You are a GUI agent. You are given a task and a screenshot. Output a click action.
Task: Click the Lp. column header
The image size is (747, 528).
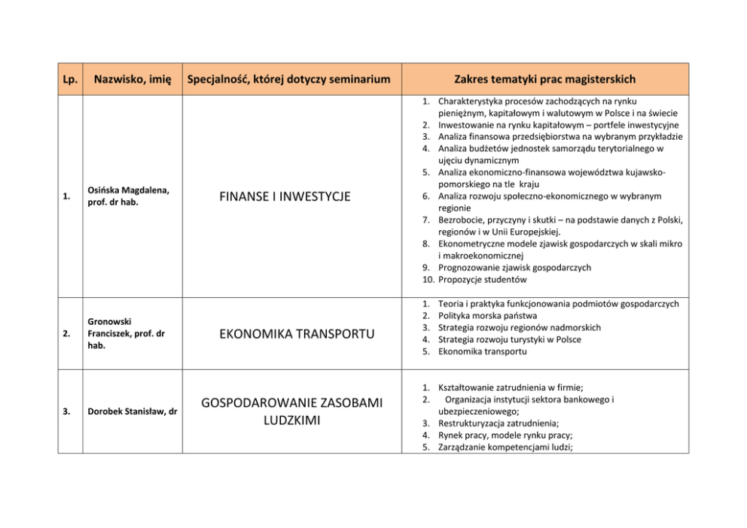(x=69, y=79)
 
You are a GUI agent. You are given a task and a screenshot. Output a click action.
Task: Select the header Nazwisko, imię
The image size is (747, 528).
(x=132, y=79)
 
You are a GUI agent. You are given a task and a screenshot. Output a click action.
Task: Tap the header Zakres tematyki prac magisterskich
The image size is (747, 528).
(x=544, y=79)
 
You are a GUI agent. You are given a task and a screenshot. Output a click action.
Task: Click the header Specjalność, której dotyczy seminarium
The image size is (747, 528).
(x=289, y=79)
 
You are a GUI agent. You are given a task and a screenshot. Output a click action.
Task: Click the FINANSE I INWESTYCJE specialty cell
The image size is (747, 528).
(x=285, y=197)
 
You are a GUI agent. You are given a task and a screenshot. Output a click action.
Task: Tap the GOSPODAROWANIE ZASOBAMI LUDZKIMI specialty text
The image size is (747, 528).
(x=291, y=411)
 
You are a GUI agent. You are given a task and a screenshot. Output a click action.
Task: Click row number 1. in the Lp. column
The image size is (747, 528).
(x=68, y=197)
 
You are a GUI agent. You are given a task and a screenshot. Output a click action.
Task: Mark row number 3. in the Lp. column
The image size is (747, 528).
(x=68, y=411)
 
